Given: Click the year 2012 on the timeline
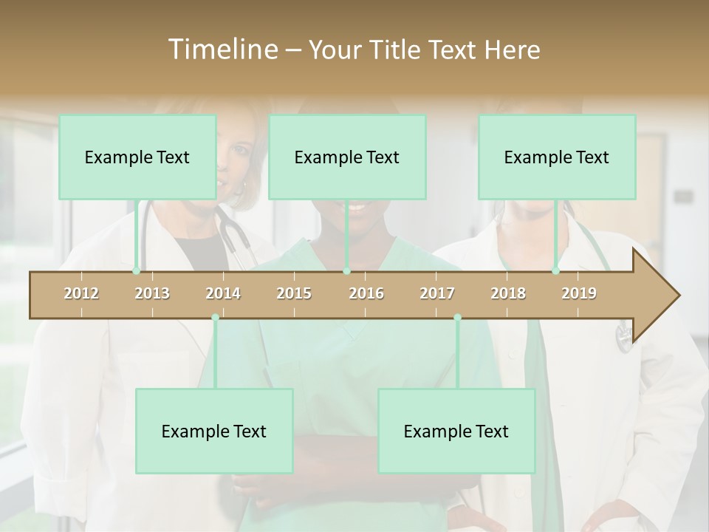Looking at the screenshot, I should pos(81,293).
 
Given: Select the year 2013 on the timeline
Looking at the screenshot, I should pos(152,293).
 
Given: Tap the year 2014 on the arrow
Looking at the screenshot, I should pos(223,293).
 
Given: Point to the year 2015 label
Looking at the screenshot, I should pos(294,293).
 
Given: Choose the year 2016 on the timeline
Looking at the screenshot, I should pos(366,293).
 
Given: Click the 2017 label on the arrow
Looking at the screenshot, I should pos(437,293).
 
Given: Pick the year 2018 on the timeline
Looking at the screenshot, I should pos(508,293).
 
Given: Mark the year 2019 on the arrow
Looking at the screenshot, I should pos(579,293).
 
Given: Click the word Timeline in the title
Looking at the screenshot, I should pos(222,50).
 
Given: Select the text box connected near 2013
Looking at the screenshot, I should pos(137,157).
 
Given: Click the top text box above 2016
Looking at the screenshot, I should pos(347,157).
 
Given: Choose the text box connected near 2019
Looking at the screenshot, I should pos(557,157).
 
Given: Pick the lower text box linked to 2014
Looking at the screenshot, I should pos(214,431).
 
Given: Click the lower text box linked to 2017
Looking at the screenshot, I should pos(456,431).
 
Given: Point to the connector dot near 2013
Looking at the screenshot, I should pos(136,271).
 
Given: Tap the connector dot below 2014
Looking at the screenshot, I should pos(215,318).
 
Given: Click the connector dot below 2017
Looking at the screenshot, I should pos(457,318).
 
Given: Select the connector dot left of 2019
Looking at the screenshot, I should pos(555,271).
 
